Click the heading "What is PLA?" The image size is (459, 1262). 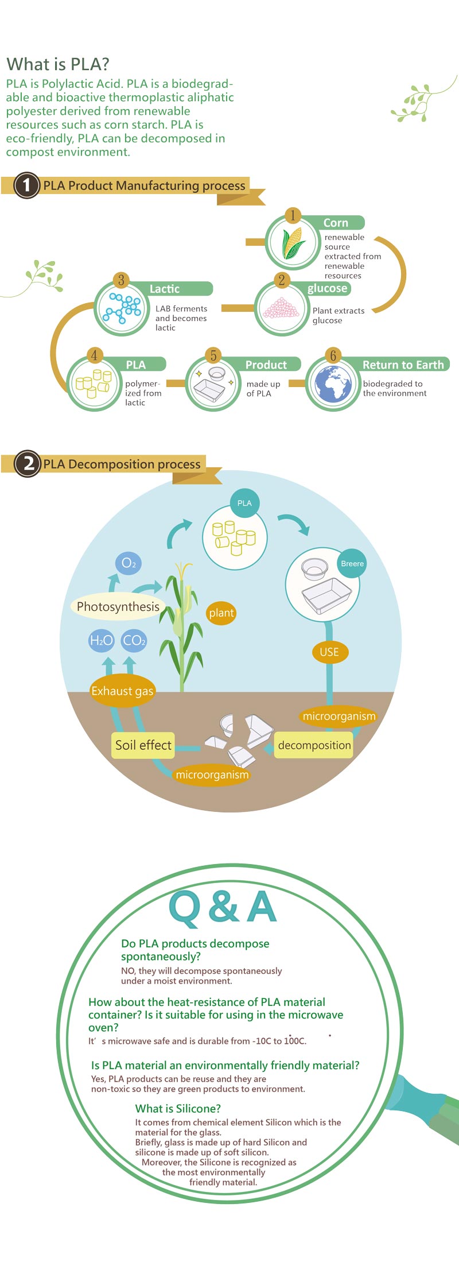[x=57, y=64]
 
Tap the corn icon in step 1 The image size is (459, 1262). [x=293, y=243]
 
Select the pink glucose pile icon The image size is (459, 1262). [x=281, y=308]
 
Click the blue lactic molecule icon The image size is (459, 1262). [x=122, y=308]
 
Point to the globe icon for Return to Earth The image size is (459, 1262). [x=333, y=383]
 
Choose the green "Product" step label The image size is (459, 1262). [x=266, y=365]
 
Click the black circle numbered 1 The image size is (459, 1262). [x=26, y=185]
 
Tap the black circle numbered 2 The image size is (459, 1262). [x=28, y=463]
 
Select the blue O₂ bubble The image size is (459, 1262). [x=129, y=563]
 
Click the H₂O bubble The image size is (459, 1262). [x=101, y=640]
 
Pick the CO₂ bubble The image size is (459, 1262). [x=134, y=640]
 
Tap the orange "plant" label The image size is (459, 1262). [x=221, y=613]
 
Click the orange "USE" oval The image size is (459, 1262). [x=329, y=652]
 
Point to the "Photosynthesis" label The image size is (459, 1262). [x=118, y=607]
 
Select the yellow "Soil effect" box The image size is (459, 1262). [x=143, y=745]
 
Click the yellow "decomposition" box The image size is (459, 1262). [x=314, y=745]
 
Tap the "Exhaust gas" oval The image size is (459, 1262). [x=122, y=691]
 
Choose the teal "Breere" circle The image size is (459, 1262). [x=352, y=564]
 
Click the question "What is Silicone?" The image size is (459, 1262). [x=178, y=1109]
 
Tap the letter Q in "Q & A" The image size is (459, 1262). [x=185, y=908]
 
